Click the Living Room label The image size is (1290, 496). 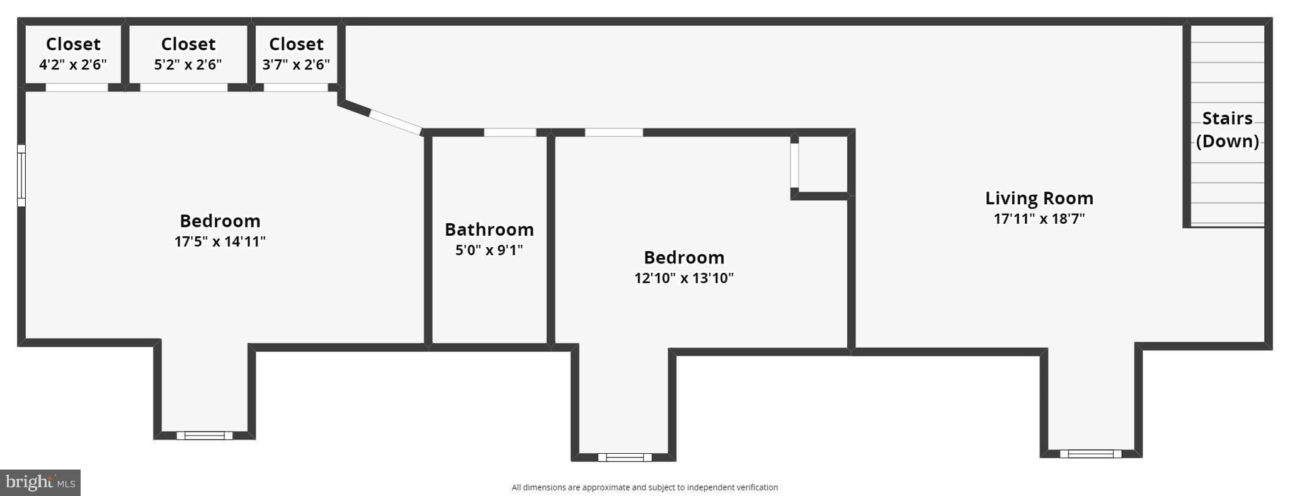click(x=1039, y=199)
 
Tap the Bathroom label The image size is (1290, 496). click(x=489, y=229)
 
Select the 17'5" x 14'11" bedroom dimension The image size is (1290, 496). click(x=220, y=242)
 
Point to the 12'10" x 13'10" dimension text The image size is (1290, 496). click(x=683, y=278)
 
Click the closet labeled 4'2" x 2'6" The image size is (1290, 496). click(x=73, y=54)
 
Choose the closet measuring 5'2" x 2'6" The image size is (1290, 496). click(x=188, y=54)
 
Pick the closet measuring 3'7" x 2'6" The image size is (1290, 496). click(x=296, y=54)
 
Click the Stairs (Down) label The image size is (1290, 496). click(x=1227, y=129)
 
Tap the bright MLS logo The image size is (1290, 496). click(x=40, y=483)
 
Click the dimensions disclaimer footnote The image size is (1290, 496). click(x=644, y=487)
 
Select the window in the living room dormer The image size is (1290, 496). click(x=1090, y=453)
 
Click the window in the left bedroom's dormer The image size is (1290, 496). click(x=204, y=435)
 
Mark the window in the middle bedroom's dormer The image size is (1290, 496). click(x=624, y=457)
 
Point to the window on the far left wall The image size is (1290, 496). click(x=21, y=175)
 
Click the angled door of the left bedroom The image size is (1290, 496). click(x=395, y=122)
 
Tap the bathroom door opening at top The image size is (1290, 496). click(x=510, y=132)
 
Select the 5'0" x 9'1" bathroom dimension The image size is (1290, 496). click(x=489, y=250)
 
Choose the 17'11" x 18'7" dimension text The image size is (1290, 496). click(x=1039, y=219)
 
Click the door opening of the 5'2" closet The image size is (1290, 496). click(x=183, y=88)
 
